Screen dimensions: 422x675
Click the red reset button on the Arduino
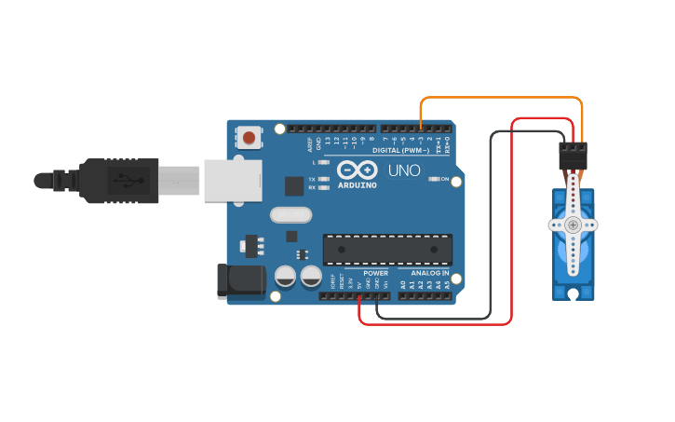pyautogui.click(x=249, y=138)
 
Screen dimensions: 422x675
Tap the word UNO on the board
pyautogui.click(x=403, y=170)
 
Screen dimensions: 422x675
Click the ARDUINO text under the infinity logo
pyautogui.click(x=358, y=184)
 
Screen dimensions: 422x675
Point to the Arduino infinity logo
pyautogui.click(x=358, y=170)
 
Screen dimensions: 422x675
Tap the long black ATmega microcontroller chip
pyautogui.click(x=387, y=250)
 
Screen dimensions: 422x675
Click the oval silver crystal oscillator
pyautogui.click(x=290, y=215)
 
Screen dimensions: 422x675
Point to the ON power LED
pyautogui.click(x=433, y=179)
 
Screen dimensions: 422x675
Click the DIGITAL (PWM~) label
pyautogui.click(x=400, y=150)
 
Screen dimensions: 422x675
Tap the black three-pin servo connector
pyautogui.click(x=574, y=155)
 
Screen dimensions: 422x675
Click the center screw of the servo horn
pyautogui.click(x=573, y=225)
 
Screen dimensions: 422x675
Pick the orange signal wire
pyautogui.click(x=503, y=97)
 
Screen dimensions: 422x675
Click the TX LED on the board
pyautogui.click(x=323, y=178)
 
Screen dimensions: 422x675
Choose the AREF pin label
pyautogui.click(x=311, y=144)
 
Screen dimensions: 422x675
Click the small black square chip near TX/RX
pyautogui.click(x=294, y=185)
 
